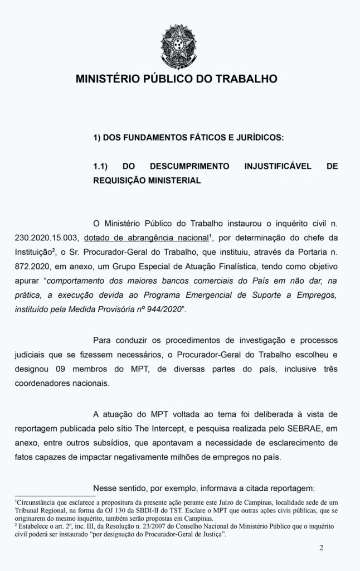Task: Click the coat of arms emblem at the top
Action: [x=179, y=42]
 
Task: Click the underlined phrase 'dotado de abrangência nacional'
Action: [x=146, y=238]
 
